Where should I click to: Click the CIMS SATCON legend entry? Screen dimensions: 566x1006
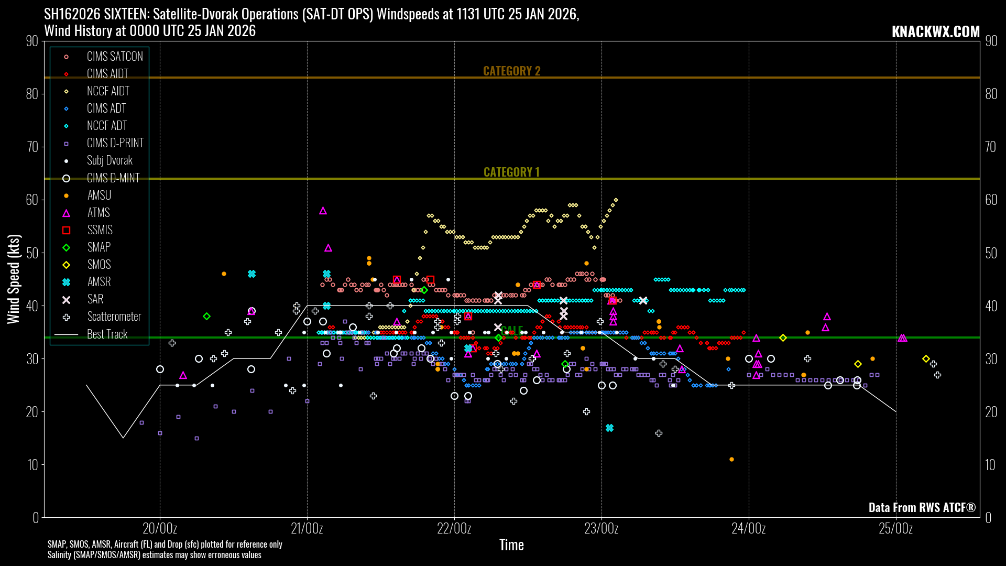pos(114,57)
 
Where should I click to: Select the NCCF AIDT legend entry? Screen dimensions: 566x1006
pos(108,91)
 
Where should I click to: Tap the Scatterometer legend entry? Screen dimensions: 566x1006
pos(114,317)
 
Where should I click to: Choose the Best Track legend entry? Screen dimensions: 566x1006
pos(107,334)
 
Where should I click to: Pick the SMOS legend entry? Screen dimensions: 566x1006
pos(99,265)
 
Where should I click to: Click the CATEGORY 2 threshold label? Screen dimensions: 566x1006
pos(511,71)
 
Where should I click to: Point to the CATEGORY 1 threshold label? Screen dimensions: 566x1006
pos(511,172)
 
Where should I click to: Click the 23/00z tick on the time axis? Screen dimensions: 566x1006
pos(602,528)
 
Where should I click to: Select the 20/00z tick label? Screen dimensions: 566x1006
pos(160,528)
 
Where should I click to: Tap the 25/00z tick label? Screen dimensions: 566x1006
pos(896,528)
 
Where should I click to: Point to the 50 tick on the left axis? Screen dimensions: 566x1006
pos(32,253)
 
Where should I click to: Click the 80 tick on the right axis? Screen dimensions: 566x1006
pos(991,94)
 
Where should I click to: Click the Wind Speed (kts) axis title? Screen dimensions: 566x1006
pos(14,279)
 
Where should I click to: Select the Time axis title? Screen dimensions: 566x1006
pos(511,545)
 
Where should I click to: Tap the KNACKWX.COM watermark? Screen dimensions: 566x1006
pos(935,31)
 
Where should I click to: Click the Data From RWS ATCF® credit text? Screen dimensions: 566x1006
pos(922,507)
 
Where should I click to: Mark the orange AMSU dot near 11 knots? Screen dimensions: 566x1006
pos(731,460)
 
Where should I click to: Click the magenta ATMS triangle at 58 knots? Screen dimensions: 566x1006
pos(323,211)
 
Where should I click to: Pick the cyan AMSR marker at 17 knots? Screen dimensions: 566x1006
pos(609,428)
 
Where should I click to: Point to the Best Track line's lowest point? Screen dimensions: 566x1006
pos(123,438)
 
